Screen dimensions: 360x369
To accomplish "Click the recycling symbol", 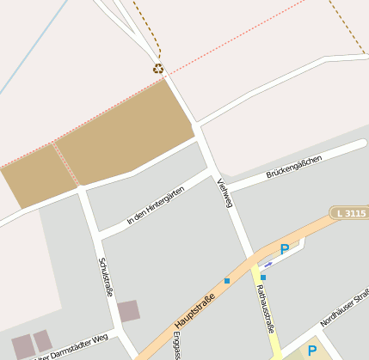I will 158,69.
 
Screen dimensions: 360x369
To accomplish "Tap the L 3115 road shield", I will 348,212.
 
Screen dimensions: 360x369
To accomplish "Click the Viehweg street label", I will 225,192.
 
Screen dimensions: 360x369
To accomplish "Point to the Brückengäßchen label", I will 293,168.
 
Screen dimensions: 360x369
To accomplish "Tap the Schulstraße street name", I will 107,278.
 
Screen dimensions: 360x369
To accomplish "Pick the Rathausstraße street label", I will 265,313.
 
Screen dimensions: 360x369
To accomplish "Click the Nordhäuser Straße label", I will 345,308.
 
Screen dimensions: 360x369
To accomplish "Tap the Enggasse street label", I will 176,345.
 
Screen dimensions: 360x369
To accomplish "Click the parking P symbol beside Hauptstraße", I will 285,249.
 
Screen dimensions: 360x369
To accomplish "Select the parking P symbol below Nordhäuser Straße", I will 312,350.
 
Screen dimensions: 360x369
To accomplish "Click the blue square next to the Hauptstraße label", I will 227,281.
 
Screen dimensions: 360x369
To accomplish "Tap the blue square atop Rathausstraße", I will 263,278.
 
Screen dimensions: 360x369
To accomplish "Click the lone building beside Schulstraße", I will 128,311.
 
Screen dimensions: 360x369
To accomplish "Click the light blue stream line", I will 34,47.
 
